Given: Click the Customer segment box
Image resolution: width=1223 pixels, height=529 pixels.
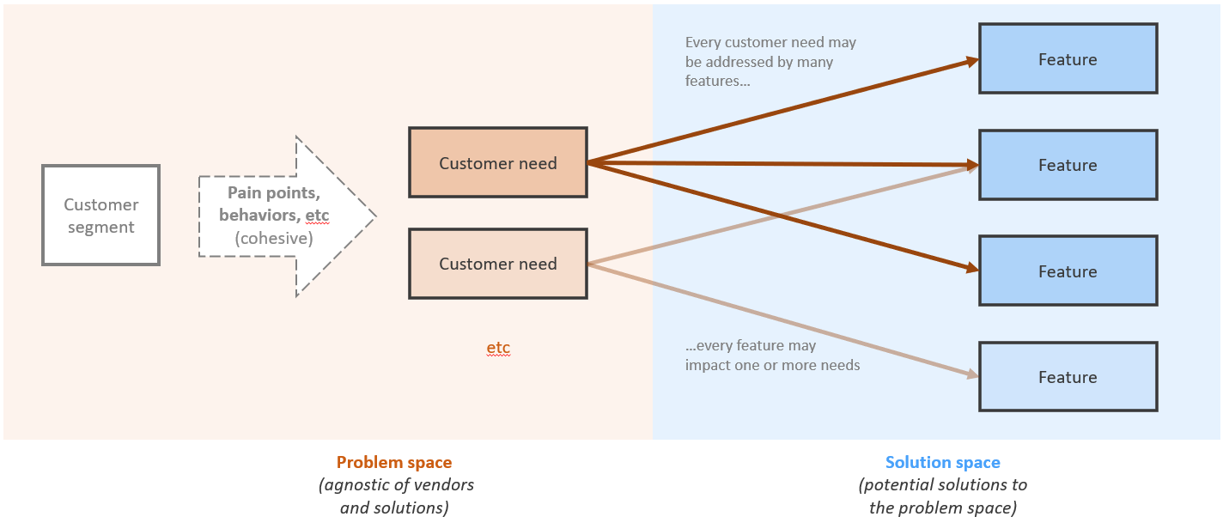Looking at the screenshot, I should click(x=101, y=215).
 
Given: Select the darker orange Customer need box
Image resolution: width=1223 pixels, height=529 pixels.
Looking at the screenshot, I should click(x=498, y=162).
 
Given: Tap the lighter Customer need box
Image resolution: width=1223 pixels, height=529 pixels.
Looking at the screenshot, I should click(x=498, y=264).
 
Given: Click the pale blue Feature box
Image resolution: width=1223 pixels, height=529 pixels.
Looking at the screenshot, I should click(x=1068, y=377).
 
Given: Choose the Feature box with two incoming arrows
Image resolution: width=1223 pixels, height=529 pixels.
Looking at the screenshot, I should click(x=1068, y=165).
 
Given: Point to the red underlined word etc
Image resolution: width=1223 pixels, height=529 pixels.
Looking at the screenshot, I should click(x=498, y=348).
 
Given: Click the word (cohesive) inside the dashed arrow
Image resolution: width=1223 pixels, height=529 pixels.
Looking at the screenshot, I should click(x=273, y=238).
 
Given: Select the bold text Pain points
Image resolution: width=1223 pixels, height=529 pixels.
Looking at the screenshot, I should click(x=274, y=193).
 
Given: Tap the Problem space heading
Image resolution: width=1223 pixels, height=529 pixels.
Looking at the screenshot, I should click(x=394, y=463).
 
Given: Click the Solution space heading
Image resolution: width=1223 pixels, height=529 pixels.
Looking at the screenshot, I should click(x=942, y=463).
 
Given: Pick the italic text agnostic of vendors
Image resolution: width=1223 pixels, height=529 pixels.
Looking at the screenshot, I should click(x=396, y=485).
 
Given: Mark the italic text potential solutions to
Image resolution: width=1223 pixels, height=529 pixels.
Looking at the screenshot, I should click(x=942, y=485).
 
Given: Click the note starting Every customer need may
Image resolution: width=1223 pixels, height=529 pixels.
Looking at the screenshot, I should click(x=770, y=61).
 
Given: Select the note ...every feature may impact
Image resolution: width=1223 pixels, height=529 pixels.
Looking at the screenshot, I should click(x=772, y=356).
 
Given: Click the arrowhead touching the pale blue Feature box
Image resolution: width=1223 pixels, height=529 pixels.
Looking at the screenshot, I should click(x=972, y=374).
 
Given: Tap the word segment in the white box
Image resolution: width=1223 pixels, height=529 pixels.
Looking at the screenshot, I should click(x=101, y=228).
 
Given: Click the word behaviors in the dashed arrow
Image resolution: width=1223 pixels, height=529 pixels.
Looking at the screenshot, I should click(x=260, y=216).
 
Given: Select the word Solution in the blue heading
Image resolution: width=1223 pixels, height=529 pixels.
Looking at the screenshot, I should click(x=915, y=463).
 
